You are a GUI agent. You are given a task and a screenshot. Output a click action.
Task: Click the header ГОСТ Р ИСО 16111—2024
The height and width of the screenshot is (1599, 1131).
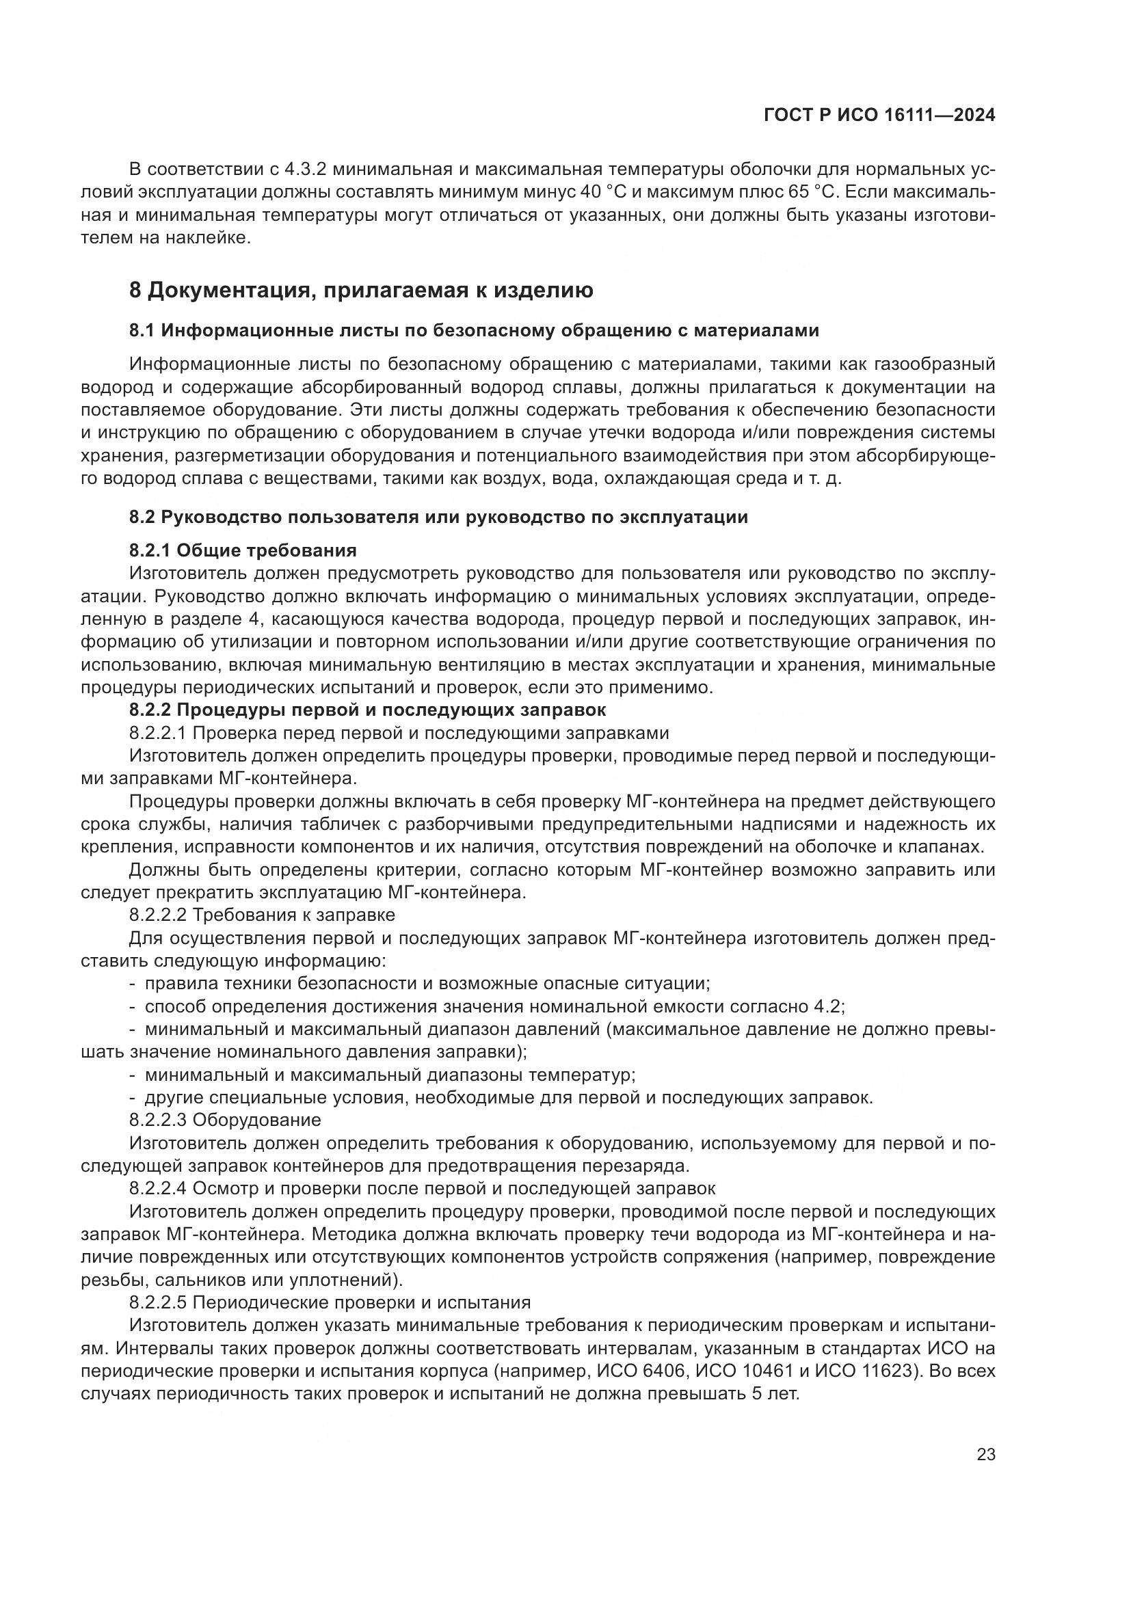879,116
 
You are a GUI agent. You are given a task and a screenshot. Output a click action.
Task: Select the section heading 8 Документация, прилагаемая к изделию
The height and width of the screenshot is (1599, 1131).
361,290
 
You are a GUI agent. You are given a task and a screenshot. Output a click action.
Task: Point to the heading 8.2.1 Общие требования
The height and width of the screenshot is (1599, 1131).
242,550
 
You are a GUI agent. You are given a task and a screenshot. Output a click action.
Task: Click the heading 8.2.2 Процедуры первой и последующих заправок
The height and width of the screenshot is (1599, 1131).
367,710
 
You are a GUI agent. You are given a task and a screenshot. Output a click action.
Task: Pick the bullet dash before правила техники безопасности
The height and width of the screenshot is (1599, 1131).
133,983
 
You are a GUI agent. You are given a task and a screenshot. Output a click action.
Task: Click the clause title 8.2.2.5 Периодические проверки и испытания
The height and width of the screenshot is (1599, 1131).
330,1302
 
